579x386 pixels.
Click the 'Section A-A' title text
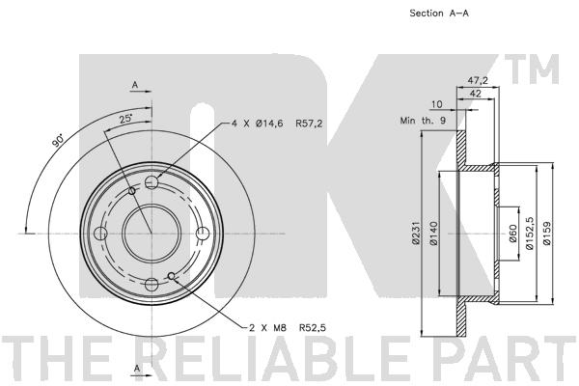point(439,14)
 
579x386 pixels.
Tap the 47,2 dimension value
point(478,80)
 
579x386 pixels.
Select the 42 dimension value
point(475,94)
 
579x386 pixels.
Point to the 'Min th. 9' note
point(423,121)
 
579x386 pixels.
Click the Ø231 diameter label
point(416,234)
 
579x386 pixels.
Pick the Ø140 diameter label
point(433,234)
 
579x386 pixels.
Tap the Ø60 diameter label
point(512,234)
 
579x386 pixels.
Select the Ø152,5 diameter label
point(530,234)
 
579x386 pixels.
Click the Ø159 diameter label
point(547,234)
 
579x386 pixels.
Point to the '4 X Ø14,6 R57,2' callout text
point(277,124)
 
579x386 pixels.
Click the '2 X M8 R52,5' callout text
point(288,328)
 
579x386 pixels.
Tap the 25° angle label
point(125,119)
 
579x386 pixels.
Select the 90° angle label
point(58,141)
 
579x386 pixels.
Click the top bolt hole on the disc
point(152,182)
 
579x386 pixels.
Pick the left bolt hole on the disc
point(100,234)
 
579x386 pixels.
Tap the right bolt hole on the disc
point(203,234)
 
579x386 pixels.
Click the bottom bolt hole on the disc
point(152,285)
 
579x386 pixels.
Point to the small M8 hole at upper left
point(132,191)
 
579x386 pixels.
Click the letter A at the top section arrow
point(135,85)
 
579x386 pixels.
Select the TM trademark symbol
point(532,69)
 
